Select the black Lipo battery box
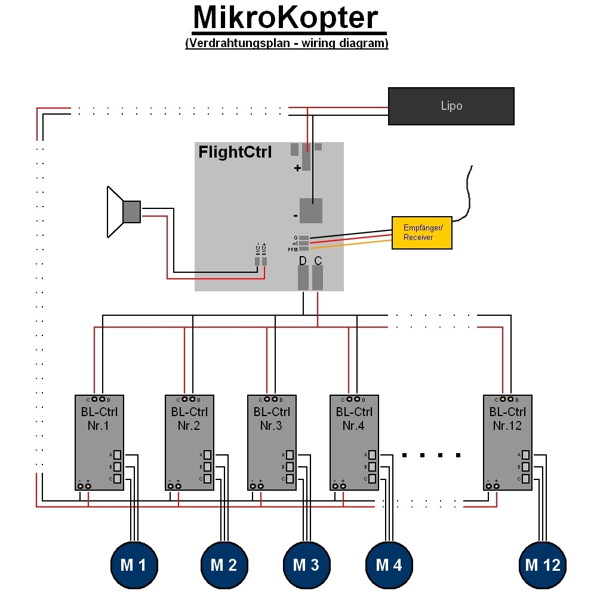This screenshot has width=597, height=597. [x=451, y=106]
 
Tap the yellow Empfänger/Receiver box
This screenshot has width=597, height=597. [x=421, y=232]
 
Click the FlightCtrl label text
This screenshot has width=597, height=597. [x=235, y=152]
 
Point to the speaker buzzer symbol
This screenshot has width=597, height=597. [x=122, y=211]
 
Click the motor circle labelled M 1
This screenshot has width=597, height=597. [x=134, y=565]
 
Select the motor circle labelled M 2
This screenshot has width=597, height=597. [x=224, y=565]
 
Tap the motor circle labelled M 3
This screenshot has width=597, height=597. [x=306, y=565]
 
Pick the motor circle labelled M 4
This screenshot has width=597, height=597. [x=389, y=565]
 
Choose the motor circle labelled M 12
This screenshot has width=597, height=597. [x=543, y=565]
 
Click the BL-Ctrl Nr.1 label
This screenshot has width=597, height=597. [x=99, y=418]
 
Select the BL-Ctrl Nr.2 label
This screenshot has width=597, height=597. [x=189, y=418]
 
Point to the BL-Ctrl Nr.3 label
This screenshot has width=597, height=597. [x=272, y=418]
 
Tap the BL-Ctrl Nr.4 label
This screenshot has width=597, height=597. [x=354, y=418]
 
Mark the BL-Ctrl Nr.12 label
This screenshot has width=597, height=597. [x=507, y=418]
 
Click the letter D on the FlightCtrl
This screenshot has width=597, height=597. [x=303, y=261]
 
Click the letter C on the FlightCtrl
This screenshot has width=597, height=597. [x=318, y=261]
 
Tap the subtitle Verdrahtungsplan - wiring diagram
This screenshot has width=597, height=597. [x=287, y=43]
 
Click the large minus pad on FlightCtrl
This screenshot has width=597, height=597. [x=310, y=210]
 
